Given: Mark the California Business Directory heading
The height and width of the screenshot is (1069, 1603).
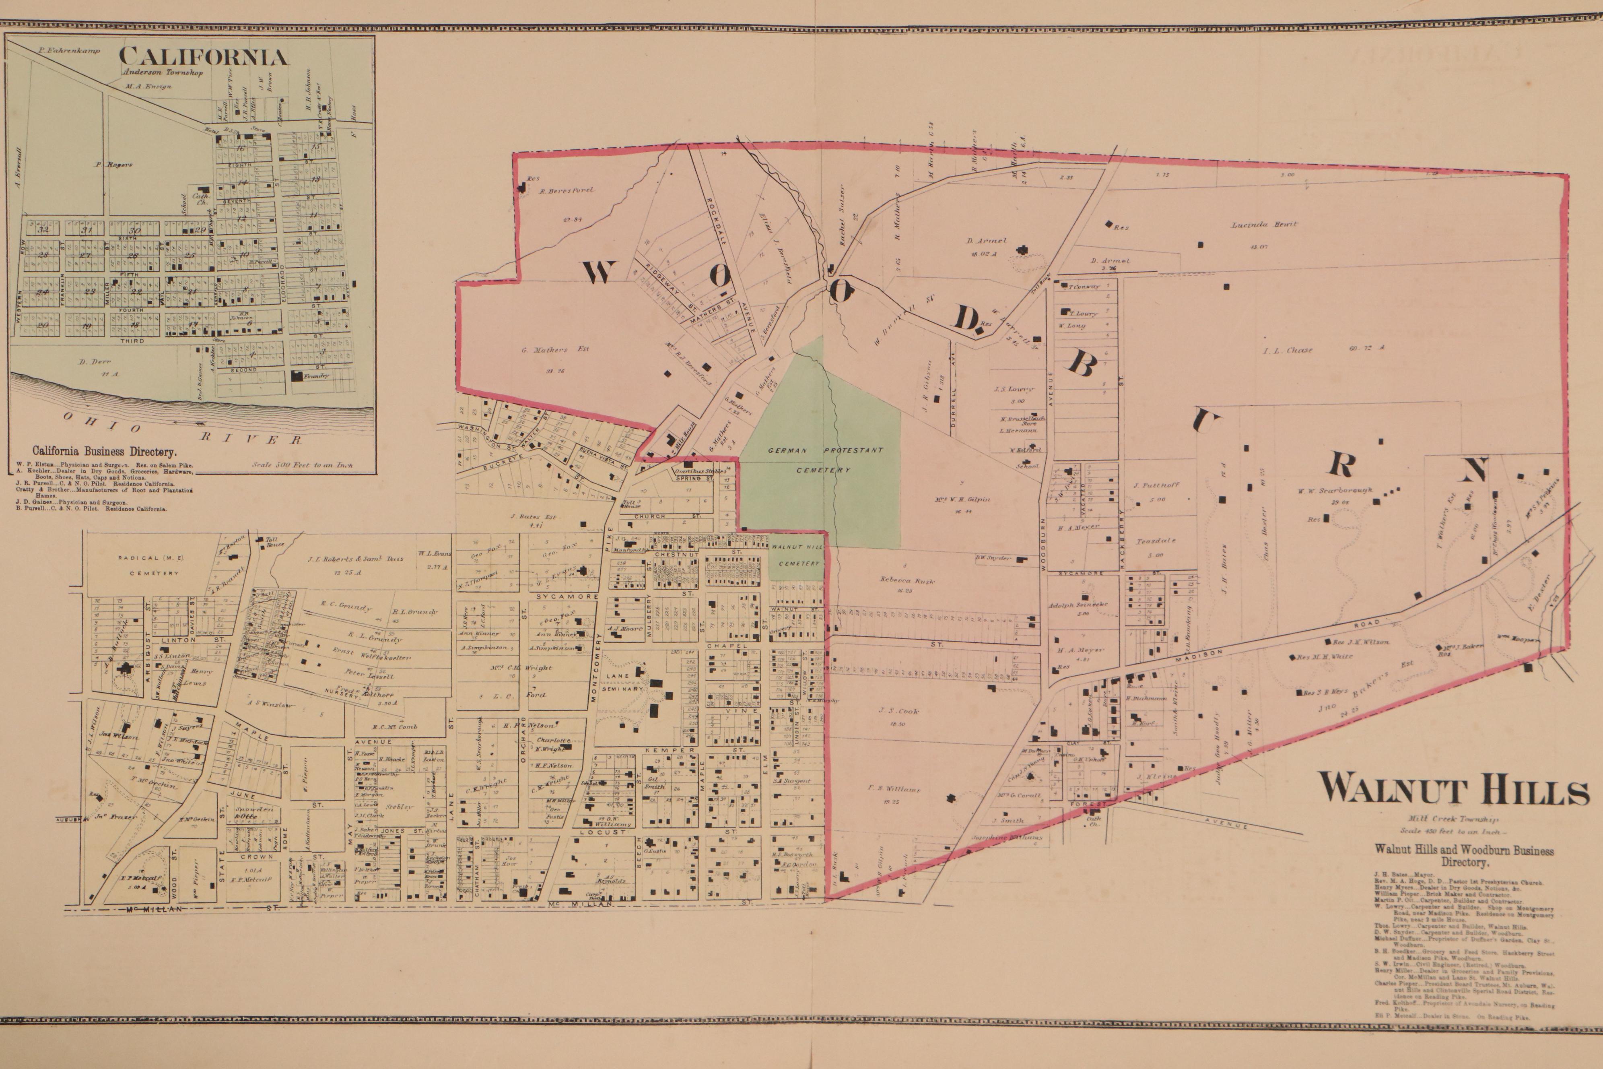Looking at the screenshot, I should tap(104, 451).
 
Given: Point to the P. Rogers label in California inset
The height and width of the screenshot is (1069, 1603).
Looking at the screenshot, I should tap(114, 164).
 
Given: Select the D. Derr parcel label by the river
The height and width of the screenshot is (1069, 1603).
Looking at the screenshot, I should tap(94, 361).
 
